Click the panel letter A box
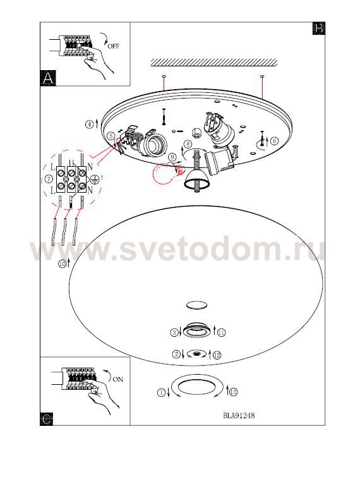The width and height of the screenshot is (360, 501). [48, 78]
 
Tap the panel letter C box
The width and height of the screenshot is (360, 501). [47, 419]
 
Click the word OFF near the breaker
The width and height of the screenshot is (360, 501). [114, 46]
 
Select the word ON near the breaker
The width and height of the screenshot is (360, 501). [118, 379]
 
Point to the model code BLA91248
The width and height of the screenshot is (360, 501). [239, 415]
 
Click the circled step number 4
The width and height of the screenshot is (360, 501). [90, 124]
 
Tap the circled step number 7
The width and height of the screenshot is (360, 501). [49, 179]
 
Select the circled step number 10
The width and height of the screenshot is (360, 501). [63, 263]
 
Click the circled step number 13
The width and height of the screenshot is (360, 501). [234, 392]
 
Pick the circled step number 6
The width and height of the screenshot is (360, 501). [274, 141]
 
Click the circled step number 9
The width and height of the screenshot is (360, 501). [172, 157]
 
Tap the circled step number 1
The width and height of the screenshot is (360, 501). [162, 393]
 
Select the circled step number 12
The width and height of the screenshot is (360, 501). [217, 355]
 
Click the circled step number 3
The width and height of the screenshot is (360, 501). [174, 333]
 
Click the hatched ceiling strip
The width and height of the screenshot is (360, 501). [214, 63]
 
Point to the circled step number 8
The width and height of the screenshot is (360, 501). [188, 144]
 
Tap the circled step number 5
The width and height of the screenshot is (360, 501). [111, 136]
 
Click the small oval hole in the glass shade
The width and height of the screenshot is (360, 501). [196, 305]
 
